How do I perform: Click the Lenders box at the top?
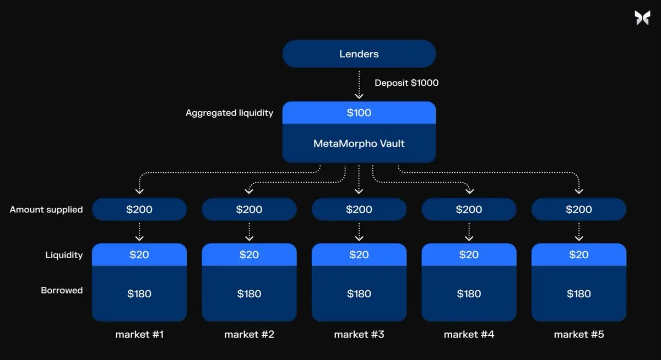coord(359,54)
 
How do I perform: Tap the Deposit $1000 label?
coord(407,83)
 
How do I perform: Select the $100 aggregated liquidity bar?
coord(359,113)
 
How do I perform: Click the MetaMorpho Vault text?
coord(359,144)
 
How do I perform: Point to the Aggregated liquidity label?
coord(229,113)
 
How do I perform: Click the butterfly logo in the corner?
coord(642,18)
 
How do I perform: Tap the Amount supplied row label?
coord(46,209)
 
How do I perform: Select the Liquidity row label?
coord(64,255)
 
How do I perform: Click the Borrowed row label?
coord(62,290)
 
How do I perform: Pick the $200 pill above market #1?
coord(139,209)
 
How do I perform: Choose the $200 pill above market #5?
coord(578,209)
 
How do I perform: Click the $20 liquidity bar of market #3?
coord(359,255)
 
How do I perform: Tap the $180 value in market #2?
coord(249,294)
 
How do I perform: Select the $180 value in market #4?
coord(469,294)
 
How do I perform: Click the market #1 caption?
coord(139,334)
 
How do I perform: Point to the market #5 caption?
coord(578,334)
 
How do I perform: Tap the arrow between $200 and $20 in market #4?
coord(469,231)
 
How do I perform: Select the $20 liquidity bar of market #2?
coord(249,255)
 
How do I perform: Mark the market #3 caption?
coord(359,334)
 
